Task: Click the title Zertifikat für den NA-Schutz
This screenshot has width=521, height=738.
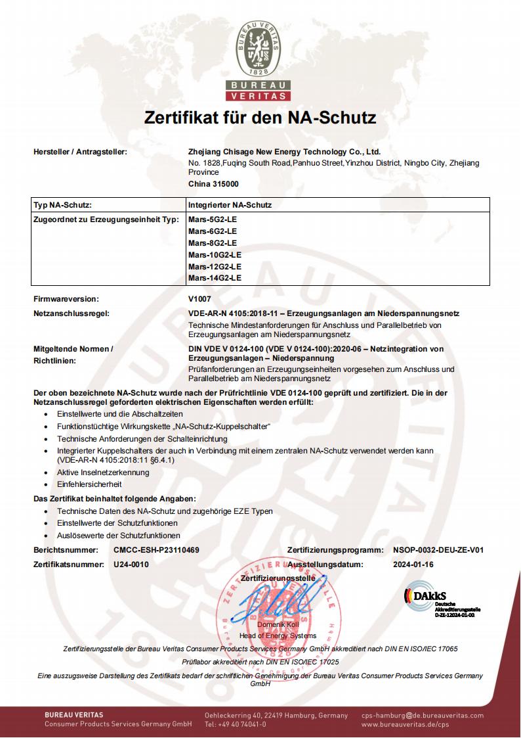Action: point(260,118)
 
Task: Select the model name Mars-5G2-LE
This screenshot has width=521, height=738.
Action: point(212,219)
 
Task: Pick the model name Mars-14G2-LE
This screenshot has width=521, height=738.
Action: point(215,278)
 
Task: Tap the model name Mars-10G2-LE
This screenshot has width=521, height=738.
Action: point(215,254)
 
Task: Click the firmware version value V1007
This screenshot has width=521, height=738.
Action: point(199,299)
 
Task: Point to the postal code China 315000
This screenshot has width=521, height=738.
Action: point(213,184)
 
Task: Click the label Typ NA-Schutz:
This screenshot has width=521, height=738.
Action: point(62,205)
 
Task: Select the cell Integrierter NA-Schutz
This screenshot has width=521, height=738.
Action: point(230,205)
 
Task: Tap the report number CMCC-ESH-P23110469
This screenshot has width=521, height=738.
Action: point(156,549)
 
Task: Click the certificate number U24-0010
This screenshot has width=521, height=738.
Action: point(131,564)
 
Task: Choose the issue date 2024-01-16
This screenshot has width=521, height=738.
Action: point(413,564)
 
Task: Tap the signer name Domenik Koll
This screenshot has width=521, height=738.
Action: point(278,624)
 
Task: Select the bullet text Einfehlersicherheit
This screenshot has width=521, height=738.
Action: point(89,484)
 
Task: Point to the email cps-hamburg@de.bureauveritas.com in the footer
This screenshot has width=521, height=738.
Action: point(422,715)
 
